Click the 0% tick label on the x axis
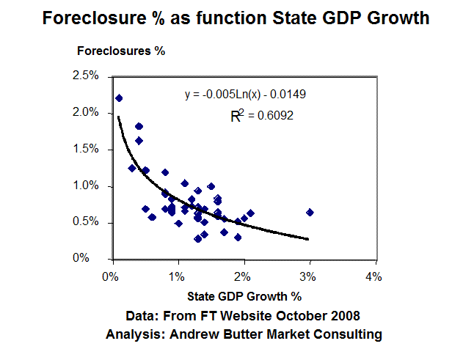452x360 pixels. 111,276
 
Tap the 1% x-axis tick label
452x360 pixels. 176,276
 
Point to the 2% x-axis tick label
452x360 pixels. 242,276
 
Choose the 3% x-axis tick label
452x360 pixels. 308,276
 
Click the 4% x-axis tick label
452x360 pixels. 373,276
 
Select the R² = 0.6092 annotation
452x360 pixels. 263,115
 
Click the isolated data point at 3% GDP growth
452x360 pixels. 310,212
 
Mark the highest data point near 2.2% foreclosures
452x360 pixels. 119,98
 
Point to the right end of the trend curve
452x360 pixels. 308,239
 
